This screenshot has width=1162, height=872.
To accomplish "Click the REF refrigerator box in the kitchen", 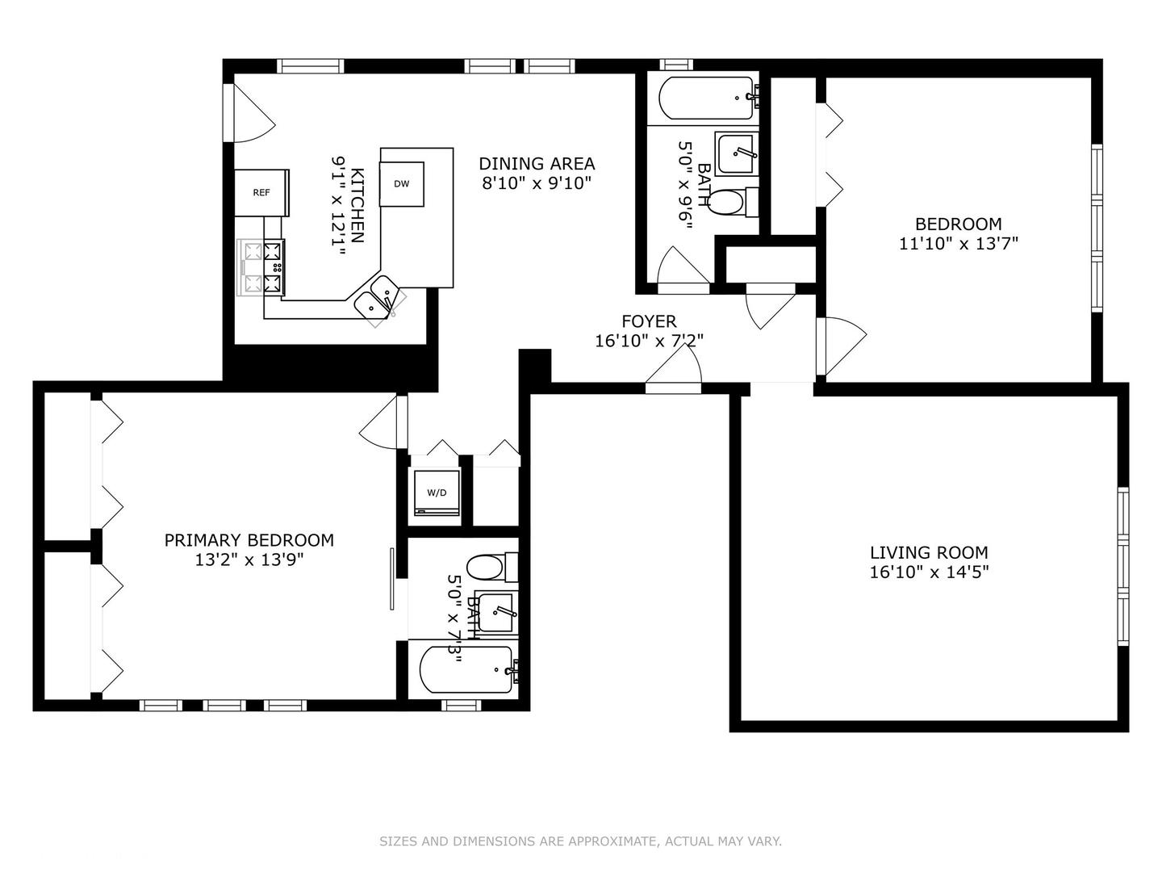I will [x=261, y=192].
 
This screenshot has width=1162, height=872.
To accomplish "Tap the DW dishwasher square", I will [x=402, y=184].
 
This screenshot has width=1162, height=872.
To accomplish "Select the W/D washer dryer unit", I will [x=437, y=492].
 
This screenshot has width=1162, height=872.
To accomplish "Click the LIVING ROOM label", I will [x=929, y=553].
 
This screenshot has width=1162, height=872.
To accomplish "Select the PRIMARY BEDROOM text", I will [x=249, y=540].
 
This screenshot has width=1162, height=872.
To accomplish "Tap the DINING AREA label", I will [x=537, y=164].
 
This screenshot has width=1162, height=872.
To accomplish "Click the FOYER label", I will [x=649, y=322].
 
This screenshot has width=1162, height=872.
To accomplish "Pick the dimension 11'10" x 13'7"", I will [x=959, y=243].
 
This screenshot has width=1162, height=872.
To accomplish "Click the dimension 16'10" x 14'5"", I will [x=929, y=572].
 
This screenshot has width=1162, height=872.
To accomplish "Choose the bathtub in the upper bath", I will [x=706, y=99].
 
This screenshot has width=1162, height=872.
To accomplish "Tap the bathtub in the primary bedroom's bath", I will [x=466, y=669].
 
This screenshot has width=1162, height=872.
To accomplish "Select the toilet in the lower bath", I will [x=486, y=568].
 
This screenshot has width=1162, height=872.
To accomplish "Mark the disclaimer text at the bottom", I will [x=580, y=841].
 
